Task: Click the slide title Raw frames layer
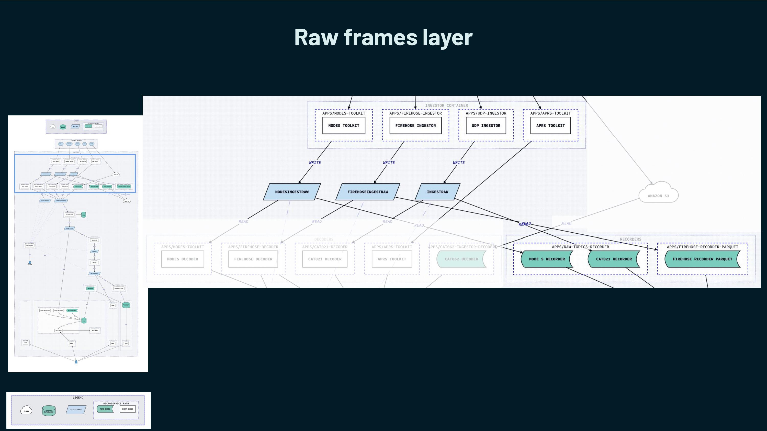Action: pyautogui.click(x=383, y=37)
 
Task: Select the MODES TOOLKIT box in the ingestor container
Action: pyautogui.click(x=344, y=126)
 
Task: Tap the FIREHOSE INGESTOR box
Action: pyautogui.click(x=415, y=126)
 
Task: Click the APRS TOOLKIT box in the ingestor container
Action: pyautogui.click(x=550, y=126)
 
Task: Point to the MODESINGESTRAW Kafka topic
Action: pyautogui.click(x=292, y=192)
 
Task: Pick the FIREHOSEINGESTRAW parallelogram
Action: pyautogui.click(x=368, y=192)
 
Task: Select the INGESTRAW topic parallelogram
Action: pyautogui.click(x=437, y=192)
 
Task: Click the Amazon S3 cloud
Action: pyautogui.click(x=658, y=194)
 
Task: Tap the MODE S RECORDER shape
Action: pyautogui.click(x=547, y=259)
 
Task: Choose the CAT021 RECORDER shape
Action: pyautogui.click(x=614, y=259)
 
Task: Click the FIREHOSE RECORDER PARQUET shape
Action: pyautogui.click(x=702, y=259)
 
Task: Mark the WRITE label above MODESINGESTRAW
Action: pyautogui.click(x=315, y=163)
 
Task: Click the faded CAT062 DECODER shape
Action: pyautogui.click(x=461, y=259)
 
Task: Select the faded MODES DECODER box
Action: pyautogui.click(x=183, y=259)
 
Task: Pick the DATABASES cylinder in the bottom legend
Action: pyautogui.click(x=49, y=411)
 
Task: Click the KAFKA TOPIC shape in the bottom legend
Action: pyautogui.click(x=76, y=410)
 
